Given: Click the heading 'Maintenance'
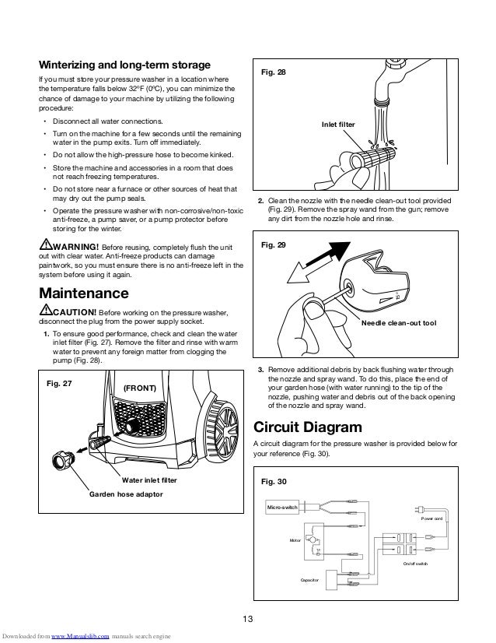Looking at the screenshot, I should click(x=84, y=294).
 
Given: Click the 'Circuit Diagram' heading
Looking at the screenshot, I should click(x=309, y=427).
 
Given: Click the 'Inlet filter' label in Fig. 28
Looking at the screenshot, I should click(x=337, y=125).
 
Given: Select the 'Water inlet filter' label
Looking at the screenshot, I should click(x=148, y=481).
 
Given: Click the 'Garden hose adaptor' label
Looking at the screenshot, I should click(x=127, y=494).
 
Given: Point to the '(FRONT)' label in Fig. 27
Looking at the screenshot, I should click(x=140, y=387).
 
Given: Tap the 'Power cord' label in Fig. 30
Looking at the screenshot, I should click(x=432, y=518).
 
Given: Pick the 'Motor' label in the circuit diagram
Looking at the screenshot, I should click(x=295, y=539).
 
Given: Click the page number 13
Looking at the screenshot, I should click(x=248, y=619).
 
